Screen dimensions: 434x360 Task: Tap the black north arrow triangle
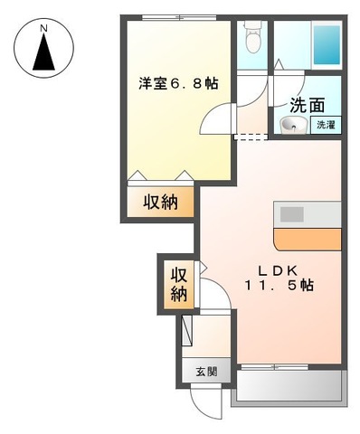pyautogui.click(x=43, y=56)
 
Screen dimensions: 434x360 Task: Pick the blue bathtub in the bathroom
pyautogui.click(x=326, y=42)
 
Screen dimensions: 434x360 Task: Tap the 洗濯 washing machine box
pyautogui.click(x=325, y=126)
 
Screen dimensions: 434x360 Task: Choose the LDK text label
pyautogui.click(x=279, y=269)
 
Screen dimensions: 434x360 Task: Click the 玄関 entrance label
pyautogui.click(x=206, y=371)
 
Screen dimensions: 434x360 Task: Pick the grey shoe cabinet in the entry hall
pyautogui.click(x=187, y=330)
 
